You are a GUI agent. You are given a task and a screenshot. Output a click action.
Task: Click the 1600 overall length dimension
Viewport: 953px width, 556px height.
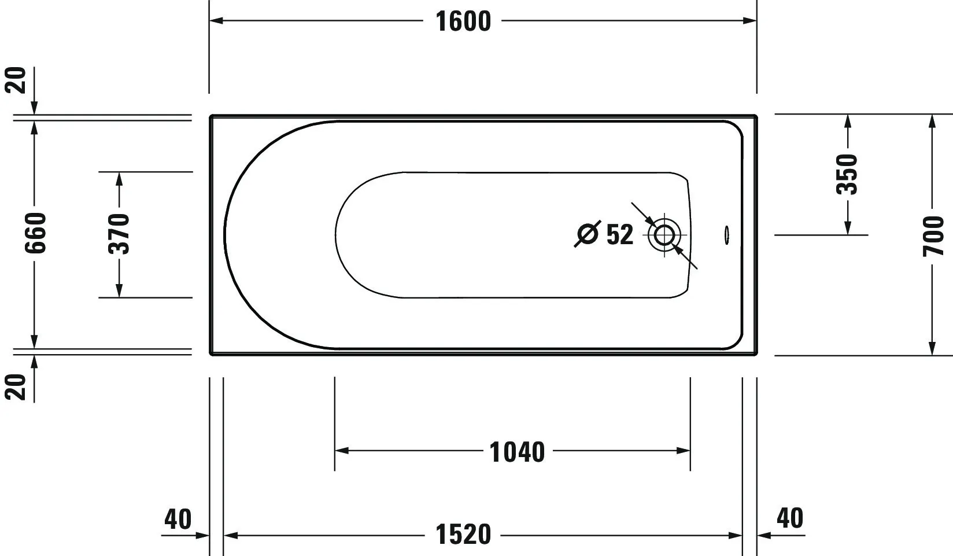pos(463,21)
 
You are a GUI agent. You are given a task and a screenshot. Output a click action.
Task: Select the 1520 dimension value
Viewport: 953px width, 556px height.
pos(463,535)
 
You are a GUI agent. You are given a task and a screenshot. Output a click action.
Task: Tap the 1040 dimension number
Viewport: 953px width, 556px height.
pos(517,452)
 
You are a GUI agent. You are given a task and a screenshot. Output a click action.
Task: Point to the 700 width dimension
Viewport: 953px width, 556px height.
pos(933,235)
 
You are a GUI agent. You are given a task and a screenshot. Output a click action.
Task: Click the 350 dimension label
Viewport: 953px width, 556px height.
pos(848,174)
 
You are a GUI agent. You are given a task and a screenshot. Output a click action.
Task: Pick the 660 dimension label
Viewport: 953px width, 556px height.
pos(35,233)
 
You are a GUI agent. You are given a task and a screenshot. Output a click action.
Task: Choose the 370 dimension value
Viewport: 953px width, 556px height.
pos(119,234)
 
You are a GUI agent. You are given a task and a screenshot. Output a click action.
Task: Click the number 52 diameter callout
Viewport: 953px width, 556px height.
pos(620,234)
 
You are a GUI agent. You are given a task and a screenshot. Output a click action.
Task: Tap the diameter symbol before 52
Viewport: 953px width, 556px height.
pos(588,234)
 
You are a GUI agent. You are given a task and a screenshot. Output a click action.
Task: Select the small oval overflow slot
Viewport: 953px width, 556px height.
pos(726,235)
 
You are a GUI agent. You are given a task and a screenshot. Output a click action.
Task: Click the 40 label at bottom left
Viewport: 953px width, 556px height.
pos(178,519)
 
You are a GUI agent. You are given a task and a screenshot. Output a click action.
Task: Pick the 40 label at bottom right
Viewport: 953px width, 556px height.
pos(789,518)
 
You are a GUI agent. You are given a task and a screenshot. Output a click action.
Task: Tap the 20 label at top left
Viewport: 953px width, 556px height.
pos(18,80)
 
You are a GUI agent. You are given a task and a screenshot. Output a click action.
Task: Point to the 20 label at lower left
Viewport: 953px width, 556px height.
pos(18,386)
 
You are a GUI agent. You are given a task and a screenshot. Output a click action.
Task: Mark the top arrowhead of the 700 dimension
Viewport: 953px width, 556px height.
pos(932,121)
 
